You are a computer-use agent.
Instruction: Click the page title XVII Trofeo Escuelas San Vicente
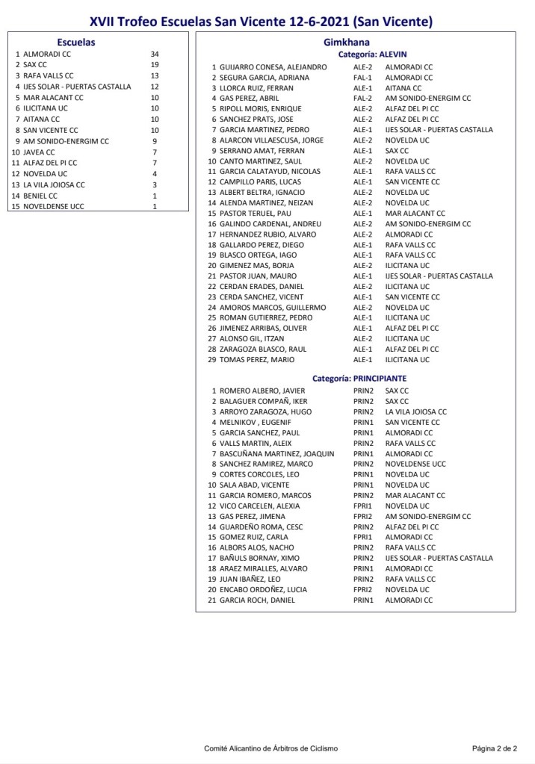pyautogui.click(x=261, y=22)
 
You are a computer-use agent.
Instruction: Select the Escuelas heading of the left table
pyautogui.click(x=76, y=43)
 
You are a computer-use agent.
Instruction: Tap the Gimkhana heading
pyautogui.click(x=346, y=43)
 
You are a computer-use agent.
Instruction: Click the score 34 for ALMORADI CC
pyautogui.click(x=154, y=55)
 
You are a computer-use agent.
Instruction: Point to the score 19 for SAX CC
pyautogui.click(x=154, y=65)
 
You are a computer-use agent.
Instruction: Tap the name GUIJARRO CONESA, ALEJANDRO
pyautogui.click(x=273, y=67)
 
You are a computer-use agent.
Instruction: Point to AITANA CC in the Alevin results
pyautogui.click(x=403, y=88)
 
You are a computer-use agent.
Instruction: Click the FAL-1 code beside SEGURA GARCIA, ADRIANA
pyautogui.click(x=362, y=78)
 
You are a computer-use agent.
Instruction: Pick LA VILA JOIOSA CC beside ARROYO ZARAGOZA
pyautogui.click(x=415, y=411)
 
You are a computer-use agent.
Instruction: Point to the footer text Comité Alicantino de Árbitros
pyautogui.click(x=270, y=748)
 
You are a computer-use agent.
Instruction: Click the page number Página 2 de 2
pyautogui.click(x=494, y=748)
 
